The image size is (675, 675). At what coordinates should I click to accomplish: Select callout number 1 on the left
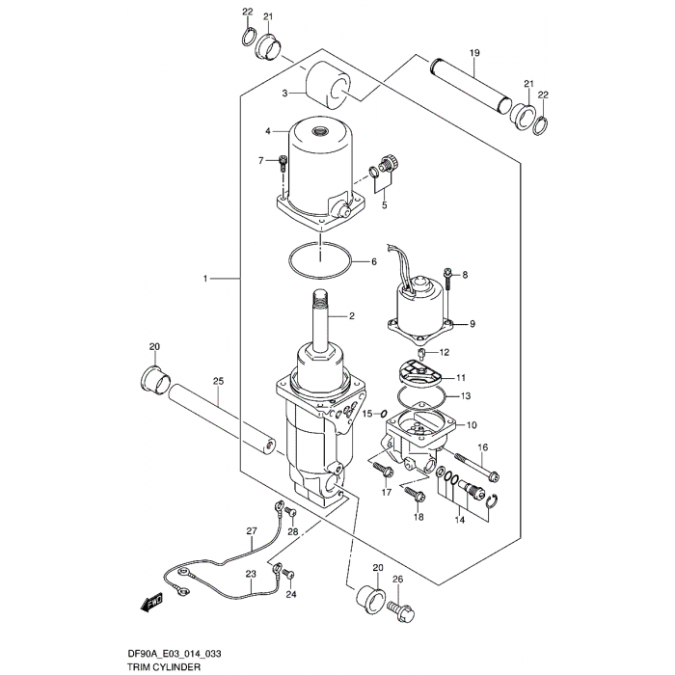coord(205,279)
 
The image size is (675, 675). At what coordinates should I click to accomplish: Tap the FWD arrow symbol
coord(150,603)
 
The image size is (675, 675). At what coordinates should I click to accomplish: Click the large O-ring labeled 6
coord(317,261)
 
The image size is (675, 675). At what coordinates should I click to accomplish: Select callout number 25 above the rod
coord(218,382)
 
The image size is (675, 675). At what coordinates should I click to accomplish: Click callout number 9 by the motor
coord(472,324)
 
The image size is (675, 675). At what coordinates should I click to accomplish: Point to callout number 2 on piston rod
coord(352,315)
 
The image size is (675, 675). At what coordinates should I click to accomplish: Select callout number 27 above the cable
coord(252,531)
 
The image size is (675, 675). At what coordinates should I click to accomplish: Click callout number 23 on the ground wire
coord(251,574)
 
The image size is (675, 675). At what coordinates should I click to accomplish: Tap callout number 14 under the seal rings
coord(460,520)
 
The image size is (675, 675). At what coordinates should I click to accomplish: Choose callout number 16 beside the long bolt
coord(483,447)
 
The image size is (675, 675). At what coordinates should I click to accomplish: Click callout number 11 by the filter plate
coord(460,377)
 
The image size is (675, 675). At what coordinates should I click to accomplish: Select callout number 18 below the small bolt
coord(418,518)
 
